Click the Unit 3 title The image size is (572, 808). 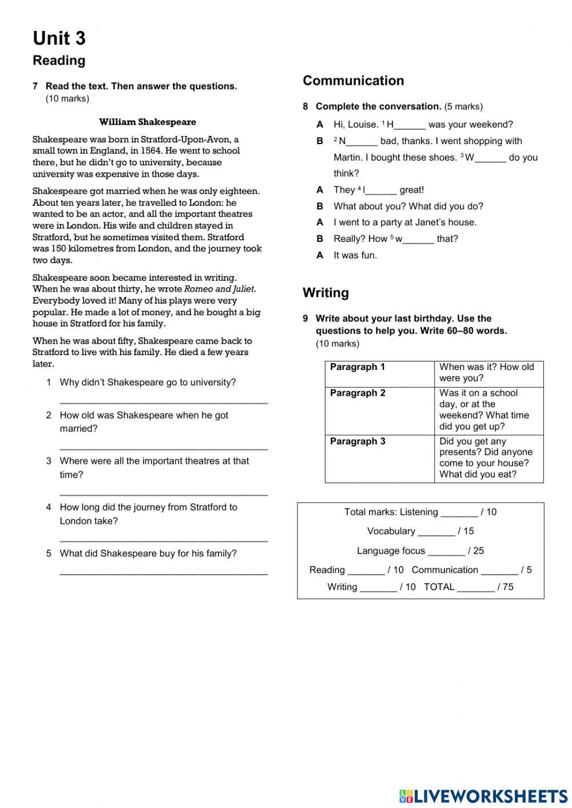(59, 38)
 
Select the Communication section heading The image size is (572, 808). (353, 81)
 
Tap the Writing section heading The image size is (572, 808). (325, 293)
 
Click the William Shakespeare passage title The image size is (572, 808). (147, 122)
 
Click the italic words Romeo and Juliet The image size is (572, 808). (219, 289)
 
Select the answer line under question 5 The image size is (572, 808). (164, 572)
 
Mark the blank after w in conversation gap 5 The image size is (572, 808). (418, 240)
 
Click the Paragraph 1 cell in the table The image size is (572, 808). (379, 373)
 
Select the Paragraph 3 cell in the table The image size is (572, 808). (379, 459)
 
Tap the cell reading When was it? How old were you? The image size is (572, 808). (488, 373)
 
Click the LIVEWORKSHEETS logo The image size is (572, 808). (483, 796)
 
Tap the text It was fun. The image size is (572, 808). (355, 256)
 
